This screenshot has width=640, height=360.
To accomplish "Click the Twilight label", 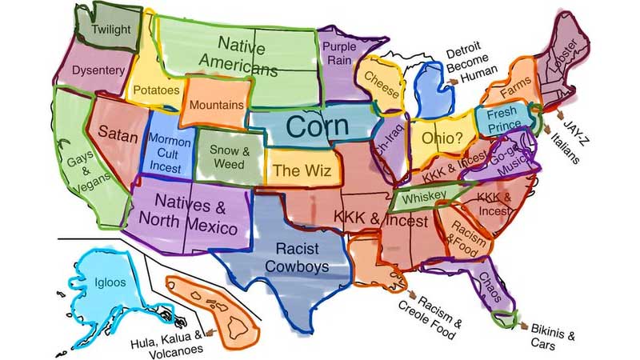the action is pyautogui.click(x=111, y=30).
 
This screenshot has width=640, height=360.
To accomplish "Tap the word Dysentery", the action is pyautogui.click(x=98, y=70).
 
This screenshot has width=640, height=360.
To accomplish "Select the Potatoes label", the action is pyautogui.click(x=156, y=90).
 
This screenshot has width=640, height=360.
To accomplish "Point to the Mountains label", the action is pyautogui.click(x=216, y=104).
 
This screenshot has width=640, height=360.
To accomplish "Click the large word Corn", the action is pyautogui.click(x=317, y=126).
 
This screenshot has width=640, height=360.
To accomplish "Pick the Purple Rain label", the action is pyautogui.click(x=339, y=54).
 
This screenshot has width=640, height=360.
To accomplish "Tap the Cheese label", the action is pyautogui.click(x=382, y=83).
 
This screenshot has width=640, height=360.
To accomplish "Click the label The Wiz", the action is pyautogui.click(x=296, y=170).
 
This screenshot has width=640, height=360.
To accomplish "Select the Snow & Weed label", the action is pyautogui.click(x=230, y=157).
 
